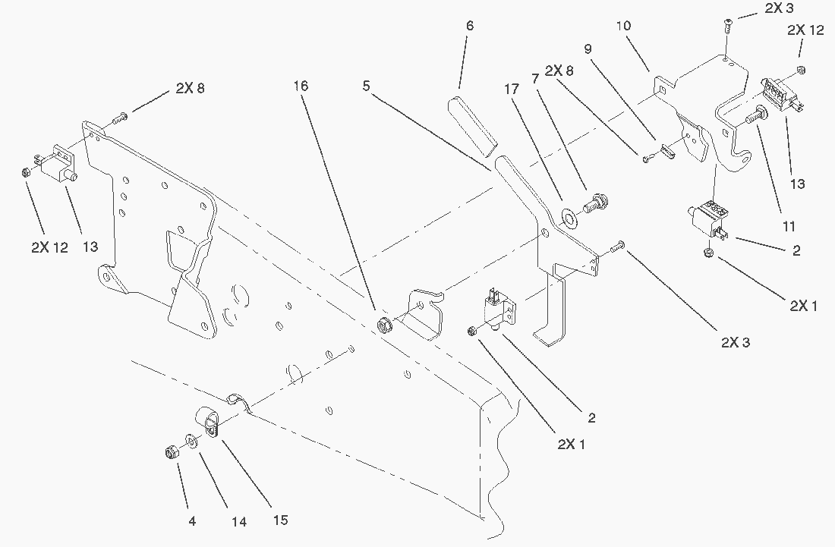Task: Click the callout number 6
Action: click(x=470, y=26)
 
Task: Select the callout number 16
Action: click(x=301, y=86)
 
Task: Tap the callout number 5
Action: click(x=367, y=86)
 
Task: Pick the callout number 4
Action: click(x=193, y=521)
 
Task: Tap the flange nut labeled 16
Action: click(x=384, y=326)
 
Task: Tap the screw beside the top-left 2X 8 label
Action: click(x=121, y=118)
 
